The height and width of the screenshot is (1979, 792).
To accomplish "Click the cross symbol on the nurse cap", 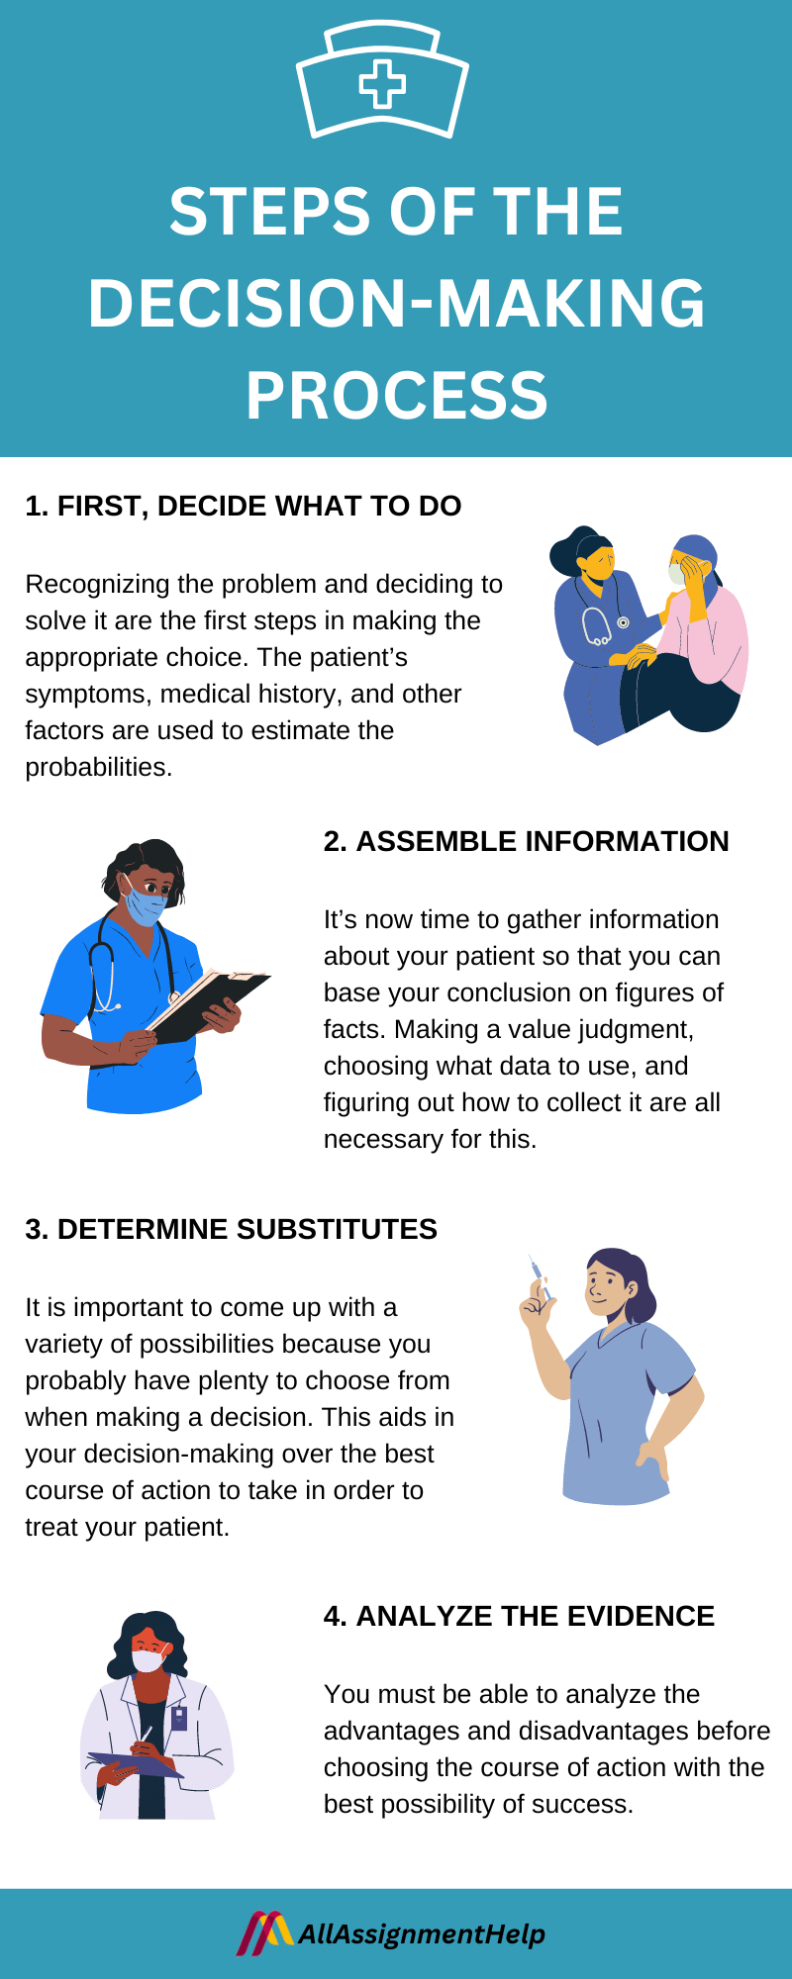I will pos(382,84).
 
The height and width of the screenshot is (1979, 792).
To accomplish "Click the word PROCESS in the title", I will pos(396,395).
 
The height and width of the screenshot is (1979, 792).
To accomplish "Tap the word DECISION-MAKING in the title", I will pos(396,303).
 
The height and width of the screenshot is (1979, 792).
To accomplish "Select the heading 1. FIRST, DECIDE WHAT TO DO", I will pos(243,506).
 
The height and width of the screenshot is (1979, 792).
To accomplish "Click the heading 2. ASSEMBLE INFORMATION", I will pos(526,841).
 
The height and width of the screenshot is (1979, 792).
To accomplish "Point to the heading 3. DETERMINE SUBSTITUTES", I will pos(231,1229).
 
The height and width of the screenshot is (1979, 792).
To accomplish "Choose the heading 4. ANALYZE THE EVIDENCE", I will pos(519,1616).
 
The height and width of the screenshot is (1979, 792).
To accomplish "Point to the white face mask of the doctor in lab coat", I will pos(148,1659).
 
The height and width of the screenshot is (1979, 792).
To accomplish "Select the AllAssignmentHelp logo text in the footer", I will pos(421,1933).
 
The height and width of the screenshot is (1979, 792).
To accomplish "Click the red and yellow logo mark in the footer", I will pos(263,1932).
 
